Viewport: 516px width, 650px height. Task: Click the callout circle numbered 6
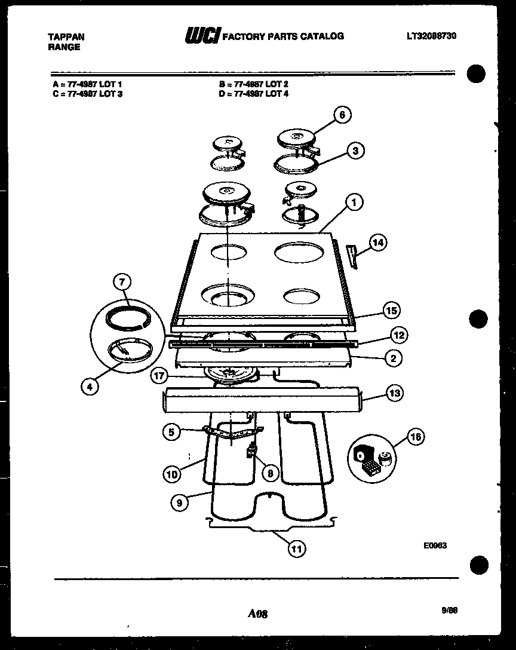pyautogui.click(x=342, y=115)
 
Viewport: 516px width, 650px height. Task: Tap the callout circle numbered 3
pyautogui.click(x=355, y=151)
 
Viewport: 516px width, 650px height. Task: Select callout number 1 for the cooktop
pyautogui.click(x=354, y=203)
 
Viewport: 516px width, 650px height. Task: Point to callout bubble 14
pyautogui.click(x=377, y=243)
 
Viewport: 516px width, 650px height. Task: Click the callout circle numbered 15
pyautogui.click(x=391, y=311)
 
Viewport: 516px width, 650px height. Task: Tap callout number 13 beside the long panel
pyautogui.click(x=394, y=393)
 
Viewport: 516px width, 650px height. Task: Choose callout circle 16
pyautogui.click(x=416, y=438)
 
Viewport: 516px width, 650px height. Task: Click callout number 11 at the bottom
pyautogui.click(x=296, y=549)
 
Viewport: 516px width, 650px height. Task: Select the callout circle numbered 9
pyautogui.click(x=179, y=503)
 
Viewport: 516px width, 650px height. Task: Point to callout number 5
pyautogui.click(x=171, y=431)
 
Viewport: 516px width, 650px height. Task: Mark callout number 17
pyautogui.click(x=158, y=376)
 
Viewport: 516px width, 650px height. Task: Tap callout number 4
pyautogui.click(x=90, y=387)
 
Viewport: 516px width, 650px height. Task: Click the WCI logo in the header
pyautogui.click(x=202, y=36)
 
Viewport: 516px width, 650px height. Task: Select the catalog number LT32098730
pyautogui.click(x=432, y=36)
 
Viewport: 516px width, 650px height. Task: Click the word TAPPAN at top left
pyautogui.click(x=66, y=37)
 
